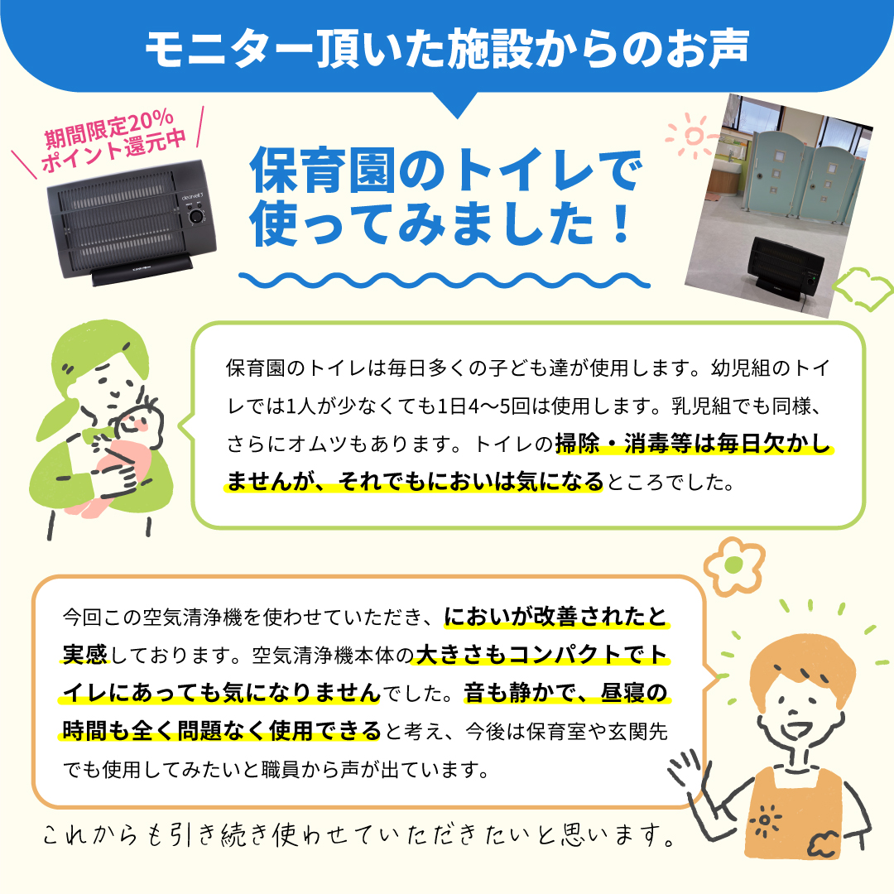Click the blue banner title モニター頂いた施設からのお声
(x=446, y=49)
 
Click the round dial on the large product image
(x=196, y=217)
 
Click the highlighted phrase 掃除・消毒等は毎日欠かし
(x=694, y=445)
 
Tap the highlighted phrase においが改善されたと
(x=556, y=617)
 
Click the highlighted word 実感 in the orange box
(x=85, y=655)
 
